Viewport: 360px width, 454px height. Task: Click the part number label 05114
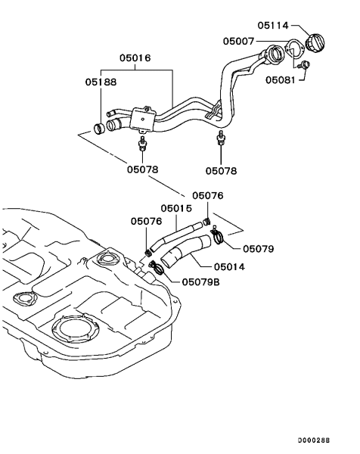tap(273, 26)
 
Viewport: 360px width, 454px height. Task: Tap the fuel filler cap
tap(315, 43)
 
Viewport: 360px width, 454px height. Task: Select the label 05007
tap(238, 41)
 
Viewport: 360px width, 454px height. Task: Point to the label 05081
tap(280, 79)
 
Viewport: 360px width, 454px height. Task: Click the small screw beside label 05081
tap(304, 65)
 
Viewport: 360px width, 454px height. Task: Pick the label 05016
tap(135, 58)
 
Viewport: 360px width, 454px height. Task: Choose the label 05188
tap(101, 82)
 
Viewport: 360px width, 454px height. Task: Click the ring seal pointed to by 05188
tap(99, 129)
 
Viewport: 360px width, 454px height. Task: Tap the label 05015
tap(176, 208)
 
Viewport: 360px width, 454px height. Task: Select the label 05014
tap(229, 266)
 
